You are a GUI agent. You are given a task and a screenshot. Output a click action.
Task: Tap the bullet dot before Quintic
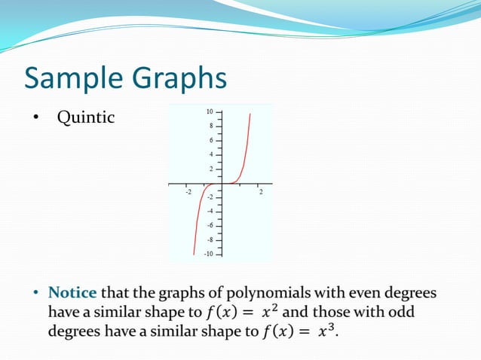coord(35,118)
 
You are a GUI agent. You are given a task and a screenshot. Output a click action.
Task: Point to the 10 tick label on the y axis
coord(209,111)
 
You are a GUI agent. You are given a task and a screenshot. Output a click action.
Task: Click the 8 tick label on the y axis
coord(210,126)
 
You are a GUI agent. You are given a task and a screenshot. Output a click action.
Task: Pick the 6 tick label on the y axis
coord(210,140)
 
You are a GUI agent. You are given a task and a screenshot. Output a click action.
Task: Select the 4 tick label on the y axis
coord(210,154)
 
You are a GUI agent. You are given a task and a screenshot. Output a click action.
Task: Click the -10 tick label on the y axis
coord(208,254)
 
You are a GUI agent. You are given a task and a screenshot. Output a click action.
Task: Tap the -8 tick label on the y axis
coord(210,239)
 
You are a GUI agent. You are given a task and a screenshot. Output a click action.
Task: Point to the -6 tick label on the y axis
coord(210,225)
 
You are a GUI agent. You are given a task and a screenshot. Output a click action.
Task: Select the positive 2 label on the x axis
coord(261,192)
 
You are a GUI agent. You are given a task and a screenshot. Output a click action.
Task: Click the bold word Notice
coord(73,292)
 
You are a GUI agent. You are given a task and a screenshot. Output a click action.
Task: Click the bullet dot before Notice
coord(35,292)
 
